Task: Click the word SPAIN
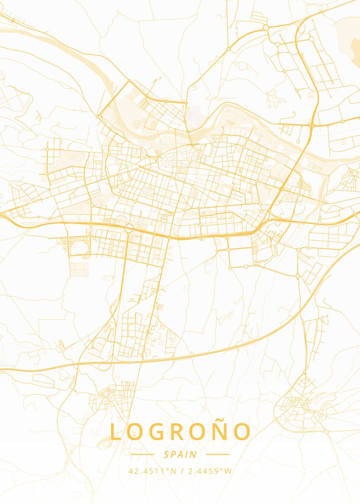[180, 454]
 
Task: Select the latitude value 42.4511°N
[152, 471]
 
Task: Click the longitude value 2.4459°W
[208, 471]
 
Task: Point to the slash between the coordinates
[181, 471]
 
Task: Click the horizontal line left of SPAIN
[142, 454]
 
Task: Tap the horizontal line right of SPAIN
[218, 454]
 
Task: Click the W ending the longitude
[227, 471]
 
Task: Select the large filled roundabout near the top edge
[266, 27]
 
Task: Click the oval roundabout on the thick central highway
[129, 228]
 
